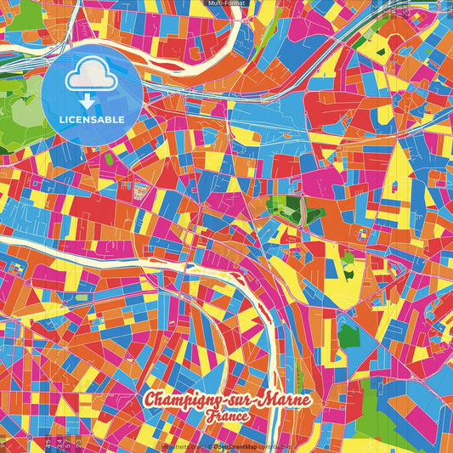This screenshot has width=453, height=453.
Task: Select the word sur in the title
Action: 231,399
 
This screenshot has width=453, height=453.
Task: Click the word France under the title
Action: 227,417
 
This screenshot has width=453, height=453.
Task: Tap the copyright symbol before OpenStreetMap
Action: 210,445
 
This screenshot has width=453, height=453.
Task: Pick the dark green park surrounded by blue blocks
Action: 348,337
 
